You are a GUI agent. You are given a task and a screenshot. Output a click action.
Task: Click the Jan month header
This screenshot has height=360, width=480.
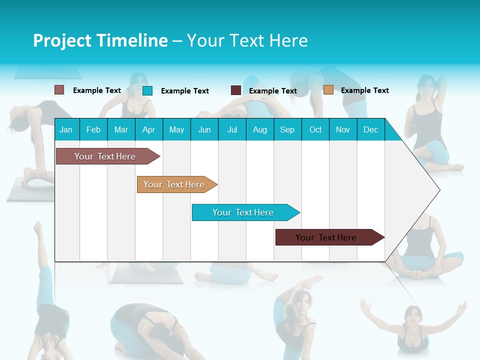tap(66, 129)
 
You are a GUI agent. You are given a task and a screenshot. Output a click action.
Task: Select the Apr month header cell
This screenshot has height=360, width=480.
tap(149, 129)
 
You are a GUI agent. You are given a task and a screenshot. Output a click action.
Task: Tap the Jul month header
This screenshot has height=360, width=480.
tap(232, 129)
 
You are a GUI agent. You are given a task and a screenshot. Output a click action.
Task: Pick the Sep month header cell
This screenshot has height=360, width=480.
tap(287, 129)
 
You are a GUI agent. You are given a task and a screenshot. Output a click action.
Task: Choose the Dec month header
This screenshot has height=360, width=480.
tap(370, 129)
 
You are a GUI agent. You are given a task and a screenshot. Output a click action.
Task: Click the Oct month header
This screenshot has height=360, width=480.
tap(315, 129)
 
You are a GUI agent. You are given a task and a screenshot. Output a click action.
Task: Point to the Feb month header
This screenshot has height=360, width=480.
tap(93, 129)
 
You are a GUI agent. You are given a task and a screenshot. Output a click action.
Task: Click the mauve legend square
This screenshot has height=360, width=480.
tap(59, 90)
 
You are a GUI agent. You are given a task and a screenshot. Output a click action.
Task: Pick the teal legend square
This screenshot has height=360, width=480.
tap(147, 90)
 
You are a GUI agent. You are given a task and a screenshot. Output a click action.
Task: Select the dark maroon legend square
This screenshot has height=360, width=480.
tap(236, 90)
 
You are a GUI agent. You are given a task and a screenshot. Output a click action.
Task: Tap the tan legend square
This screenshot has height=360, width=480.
tap(328, 90)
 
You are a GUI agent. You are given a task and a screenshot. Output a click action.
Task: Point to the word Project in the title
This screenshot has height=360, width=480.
tap(61, 40)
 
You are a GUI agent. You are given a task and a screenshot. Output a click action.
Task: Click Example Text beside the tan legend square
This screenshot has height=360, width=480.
tap(364, 90)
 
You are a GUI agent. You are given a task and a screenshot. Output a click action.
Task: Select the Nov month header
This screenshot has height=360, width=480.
tap(343, 129)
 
